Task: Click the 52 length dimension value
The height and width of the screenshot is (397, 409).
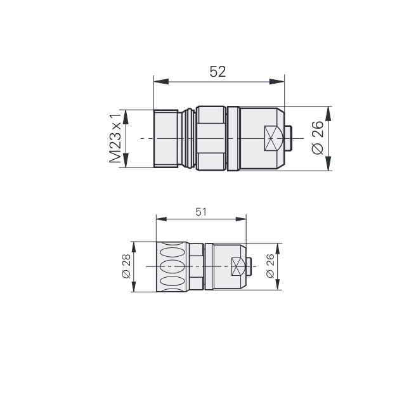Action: [217, 72]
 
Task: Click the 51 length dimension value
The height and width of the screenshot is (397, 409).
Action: [201, 212]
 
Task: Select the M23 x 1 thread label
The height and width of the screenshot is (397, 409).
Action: [115, 138]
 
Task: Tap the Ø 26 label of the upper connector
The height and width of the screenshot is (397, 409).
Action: [318, 138]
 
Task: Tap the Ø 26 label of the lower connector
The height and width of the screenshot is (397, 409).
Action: [270, 266]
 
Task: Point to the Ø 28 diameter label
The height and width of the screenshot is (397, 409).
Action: [126, 266]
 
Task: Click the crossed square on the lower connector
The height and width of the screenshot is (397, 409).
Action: [236, 266]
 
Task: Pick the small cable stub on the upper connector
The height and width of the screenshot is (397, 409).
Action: [289, 138]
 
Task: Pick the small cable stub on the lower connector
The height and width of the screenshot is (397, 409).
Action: [249, 266]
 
